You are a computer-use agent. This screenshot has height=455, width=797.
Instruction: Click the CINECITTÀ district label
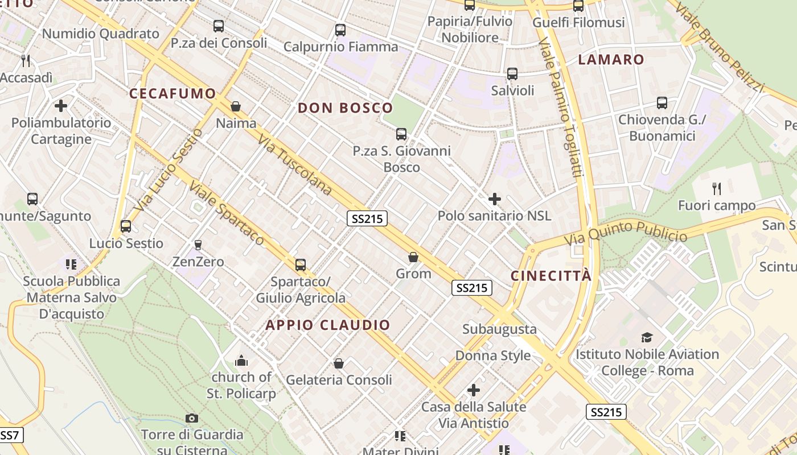click(550, 276)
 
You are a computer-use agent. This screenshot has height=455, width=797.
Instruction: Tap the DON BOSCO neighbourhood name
click(346, 107)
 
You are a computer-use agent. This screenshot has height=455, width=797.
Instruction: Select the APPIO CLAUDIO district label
click(328, 325)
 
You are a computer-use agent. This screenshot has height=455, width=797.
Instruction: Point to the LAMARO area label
click(611, 60)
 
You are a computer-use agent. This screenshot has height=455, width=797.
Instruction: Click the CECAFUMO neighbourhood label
click(172, 93)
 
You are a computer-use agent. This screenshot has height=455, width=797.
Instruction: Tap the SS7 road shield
click(10, 436)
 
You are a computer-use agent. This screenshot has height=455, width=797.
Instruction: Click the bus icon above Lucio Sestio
click(126, 226)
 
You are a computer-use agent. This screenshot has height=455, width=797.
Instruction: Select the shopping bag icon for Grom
click(413, 258)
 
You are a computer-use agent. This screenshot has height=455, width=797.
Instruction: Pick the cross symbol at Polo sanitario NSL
click(495, 199)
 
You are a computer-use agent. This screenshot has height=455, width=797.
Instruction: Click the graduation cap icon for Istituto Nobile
click(647, 338)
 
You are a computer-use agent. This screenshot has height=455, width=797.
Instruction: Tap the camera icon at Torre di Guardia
click(192, 419)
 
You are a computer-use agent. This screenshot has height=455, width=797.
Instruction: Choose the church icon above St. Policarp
click(241, 361)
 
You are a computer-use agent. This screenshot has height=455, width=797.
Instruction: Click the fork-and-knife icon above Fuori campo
click(717, 188)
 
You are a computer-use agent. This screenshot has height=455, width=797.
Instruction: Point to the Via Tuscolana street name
click(294, 164)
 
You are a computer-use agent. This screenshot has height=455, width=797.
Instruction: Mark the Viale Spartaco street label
click(227, 213)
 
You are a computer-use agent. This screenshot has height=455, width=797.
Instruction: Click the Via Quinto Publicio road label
click(626, 233)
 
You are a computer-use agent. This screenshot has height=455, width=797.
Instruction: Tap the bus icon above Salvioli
click(512, 74)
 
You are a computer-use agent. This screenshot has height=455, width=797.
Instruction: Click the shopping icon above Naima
click(236, 106)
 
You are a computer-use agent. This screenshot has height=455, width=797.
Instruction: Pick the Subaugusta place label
click(499, 329)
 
